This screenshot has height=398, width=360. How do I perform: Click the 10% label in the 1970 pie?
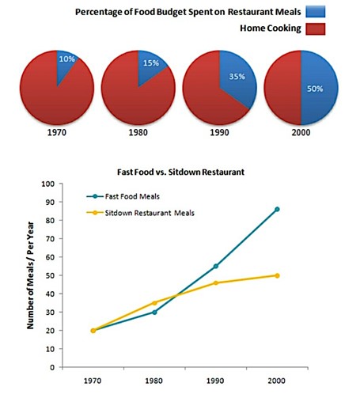pos(66,59)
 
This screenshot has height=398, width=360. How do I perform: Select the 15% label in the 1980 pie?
pos(149,63)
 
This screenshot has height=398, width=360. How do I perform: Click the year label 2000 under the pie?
pos(301,134)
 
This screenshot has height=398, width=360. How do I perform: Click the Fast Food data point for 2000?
pos(276,210)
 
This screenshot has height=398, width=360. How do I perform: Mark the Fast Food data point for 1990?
pos(215,267)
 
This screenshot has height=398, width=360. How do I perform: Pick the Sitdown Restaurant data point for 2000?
pos(276,275)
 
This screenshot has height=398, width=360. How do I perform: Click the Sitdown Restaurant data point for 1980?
pos(154,303)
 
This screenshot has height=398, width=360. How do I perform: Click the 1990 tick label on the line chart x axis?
pos(215,380)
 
